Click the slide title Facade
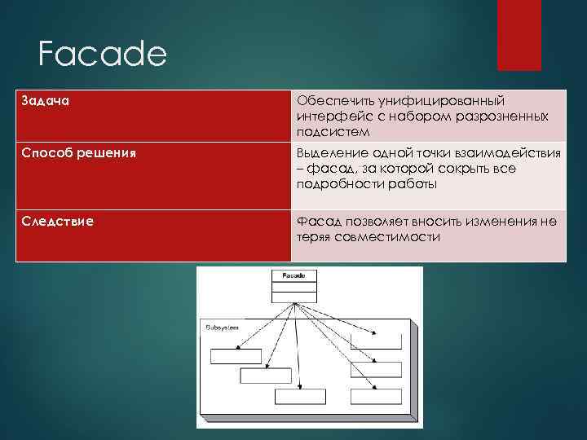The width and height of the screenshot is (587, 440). [x=102, y=55]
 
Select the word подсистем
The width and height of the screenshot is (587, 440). [x=333, y=132]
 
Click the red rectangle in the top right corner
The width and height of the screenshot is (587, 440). [x=519, y=34]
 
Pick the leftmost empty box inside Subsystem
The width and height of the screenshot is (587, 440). [x=236, y=355]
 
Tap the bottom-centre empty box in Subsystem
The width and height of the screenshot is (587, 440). [x=299, y=397]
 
